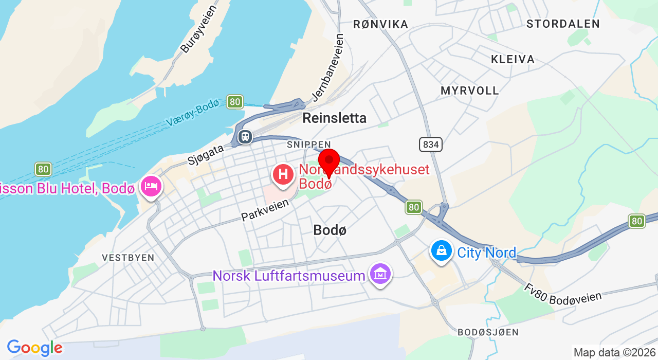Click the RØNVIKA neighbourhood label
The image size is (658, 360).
click(x=380, y=24)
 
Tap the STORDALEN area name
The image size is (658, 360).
click(x=563, y=24)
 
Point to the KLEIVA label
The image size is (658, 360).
click(x=513, y=59)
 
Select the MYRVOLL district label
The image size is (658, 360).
click(x=469, y=91)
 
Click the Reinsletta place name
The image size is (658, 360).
click(x=334, y=118)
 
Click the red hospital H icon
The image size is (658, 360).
click(x=283, y=174)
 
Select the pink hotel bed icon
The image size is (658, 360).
click(x=151, y=186)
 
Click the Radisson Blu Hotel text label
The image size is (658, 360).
click(x=67, y=188)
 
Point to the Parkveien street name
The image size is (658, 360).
click(x=265, y=210)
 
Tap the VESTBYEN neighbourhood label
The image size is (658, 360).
click(x=128, y=258)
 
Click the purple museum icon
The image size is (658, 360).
click(x=380, y=275)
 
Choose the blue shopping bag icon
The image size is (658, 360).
click(x=441, y=251)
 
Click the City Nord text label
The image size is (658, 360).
click(x=486, y=253)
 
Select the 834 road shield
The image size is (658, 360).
click(x=430, y=145)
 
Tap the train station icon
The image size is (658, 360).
click(x=245, y=136)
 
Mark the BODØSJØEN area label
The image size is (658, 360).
click(x=488, y=332)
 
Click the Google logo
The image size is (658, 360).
click(x=34, y=348)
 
